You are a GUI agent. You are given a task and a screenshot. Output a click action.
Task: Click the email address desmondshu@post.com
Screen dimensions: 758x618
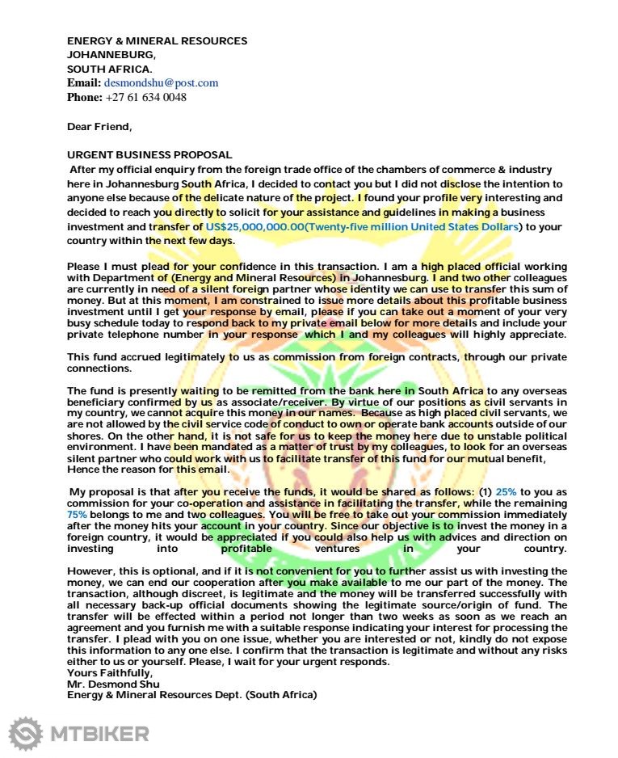tap(161, 83)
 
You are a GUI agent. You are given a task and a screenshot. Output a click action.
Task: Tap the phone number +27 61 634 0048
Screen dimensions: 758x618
tap(145, 97)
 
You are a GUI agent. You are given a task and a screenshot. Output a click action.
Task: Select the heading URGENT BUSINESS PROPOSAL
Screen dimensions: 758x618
tap(149, 154)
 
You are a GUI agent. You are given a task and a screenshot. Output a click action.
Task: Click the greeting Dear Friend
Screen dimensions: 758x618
tap(99, 126)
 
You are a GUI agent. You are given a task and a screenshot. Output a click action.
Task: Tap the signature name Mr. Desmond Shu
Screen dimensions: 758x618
tap(107, 684)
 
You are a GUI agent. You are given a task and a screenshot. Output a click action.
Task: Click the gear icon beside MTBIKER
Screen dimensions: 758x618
tap(26, 734)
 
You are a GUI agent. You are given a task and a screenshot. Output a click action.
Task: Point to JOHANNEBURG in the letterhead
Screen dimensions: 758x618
tap(111, 55)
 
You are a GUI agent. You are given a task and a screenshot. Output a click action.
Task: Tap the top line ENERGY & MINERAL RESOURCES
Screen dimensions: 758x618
tap(157, 41)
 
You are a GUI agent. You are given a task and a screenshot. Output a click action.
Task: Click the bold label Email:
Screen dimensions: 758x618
tap(84, 83)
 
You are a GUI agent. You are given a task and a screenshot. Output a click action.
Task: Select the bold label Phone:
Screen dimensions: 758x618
tap(85, 97)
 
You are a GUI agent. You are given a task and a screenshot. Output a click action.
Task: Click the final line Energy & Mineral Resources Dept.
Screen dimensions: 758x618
tap(191, 695)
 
